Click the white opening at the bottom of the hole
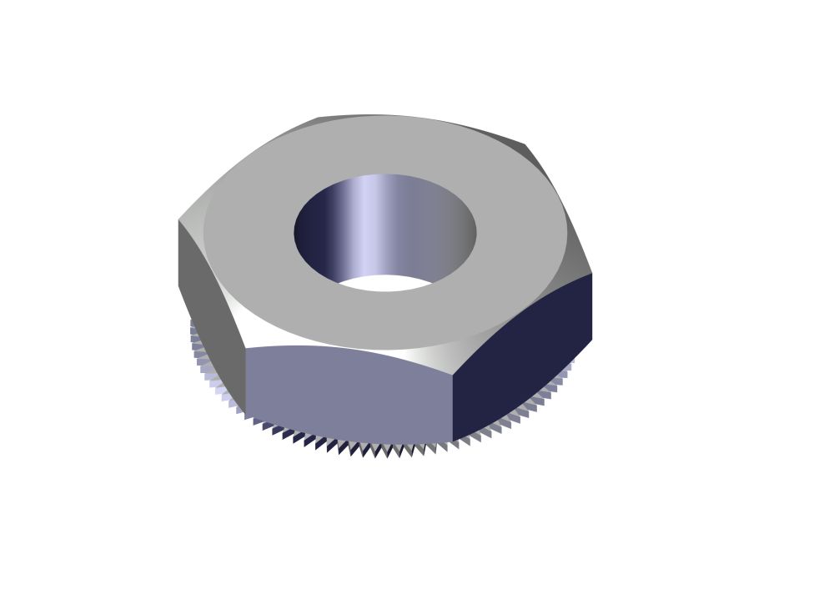coord(385,284)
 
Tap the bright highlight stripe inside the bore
coord(367,221)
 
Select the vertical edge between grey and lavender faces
coord(245,380)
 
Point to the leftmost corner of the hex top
coord(178,220)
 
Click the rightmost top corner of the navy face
coord(591,274)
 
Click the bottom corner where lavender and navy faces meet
coord(453,441)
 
